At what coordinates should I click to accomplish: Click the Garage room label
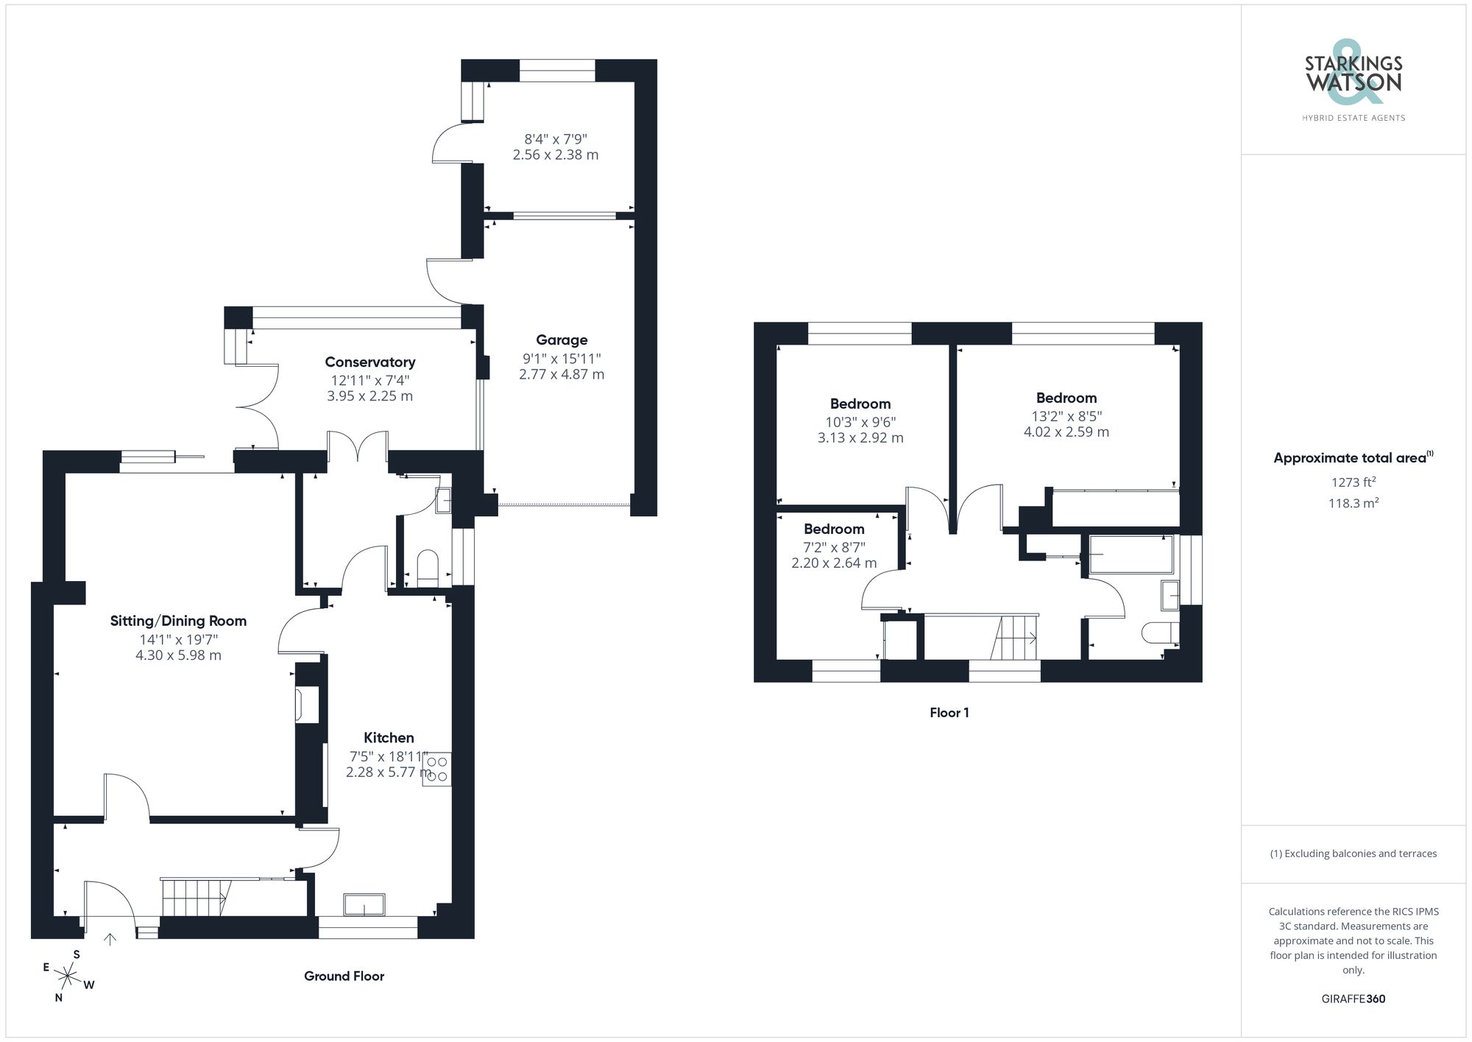pos(562,340)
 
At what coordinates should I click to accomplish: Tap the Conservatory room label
pos(370,362)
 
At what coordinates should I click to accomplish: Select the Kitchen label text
pos(389,738)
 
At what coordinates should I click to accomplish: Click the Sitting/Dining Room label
pos(178,621)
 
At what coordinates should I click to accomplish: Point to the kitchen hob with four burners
pos(436,769)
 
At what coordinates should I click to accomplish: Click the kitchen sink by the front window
pos(364,904)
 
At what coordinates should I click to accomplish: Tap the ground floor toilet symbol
pos(428,568)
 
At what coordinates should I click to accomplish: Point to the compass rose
pos(68,977)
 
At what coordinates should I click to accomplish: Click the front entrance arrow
pos(110,939)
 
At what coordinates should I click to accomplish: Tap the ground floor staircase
pos(195,898)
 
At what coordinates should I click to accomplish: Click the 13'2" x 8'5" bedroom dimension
pos(1066,416)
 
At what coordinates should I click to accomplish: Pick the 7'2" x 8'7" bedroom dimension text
pos(834,547)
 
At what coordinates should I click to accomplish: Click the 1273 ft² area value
pos(1353,483)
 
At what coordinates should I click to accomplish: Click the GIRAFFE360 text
pos(1353,999)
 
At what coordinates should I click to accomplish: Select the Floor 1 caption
pos(949,713)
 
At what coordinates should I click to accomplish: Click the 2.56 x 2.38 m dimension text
pos(556,155)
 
